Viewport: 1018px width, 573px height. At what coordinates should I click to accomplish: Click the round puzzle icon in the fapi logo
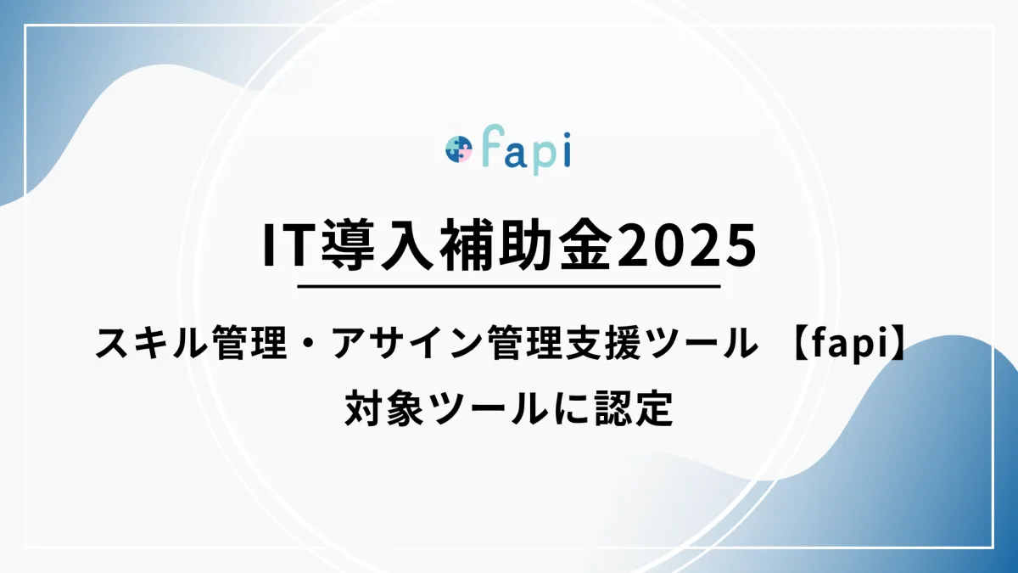point(459,149)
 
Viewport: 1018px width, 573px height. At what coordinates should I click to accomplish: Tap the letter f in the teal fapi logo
point(488,144)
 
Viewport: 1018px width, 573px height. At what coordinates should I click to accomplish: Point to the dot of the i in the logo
point(565,136)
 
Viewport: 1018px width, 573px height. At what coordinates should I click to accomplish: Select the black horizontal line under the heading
point(509,287)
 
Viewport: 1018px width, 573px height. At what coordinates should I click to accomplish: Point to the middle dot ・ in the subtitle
point(310,345)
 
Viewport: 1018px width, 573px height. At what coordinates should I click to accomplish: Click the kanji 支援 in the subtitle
point(613,345)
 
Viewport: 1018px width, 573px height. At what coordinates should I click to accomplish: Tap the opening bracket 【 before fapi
point(800,345)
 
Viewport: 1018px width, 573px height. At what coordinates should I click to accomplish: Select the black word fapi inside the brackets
point(847,345)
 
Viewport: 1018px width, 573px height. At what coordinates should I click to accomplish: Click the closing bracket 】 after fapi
point(894,345)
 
